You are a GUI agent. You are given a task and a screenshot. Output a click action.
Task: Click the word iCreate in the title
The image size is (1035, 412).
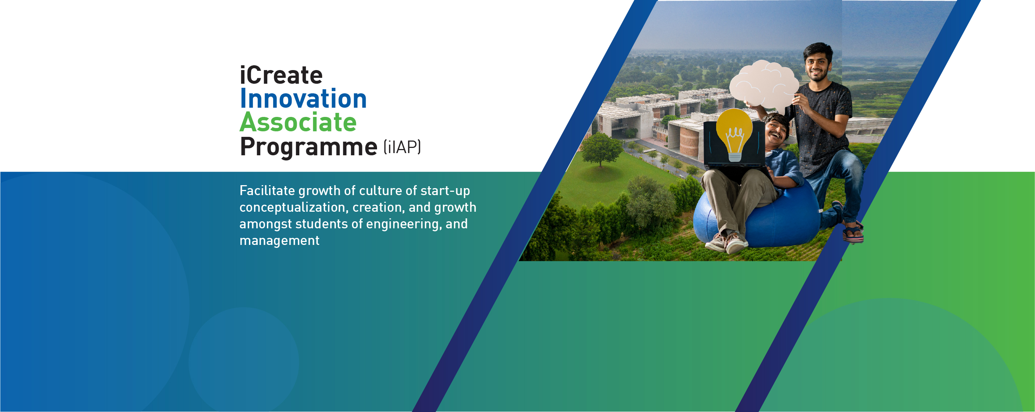[281, 75]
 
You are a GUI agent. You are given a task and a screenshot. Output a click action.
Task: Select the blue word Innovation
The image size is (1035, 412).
[303, 98]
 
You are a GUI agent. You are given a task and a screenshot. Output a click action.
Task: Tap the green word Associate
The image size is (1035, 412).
[298, 122]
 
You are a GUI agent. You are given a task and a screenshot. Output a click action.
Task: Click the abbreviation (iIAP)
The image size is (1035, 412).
[402, 147]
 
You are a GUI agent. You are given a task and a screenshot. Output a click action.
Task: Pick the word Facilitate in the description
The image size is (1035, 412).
[267, 190]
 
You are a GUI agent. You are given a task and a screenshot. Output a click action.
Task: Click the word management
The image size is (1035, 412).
[279, 241]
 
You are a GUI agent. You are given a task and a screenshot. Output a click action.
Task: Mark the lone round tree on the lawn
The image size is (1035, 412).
[600, 149]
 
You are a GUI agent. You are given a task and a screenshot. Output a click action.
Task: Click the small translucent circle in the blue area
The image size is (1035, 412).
[243, 360]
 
